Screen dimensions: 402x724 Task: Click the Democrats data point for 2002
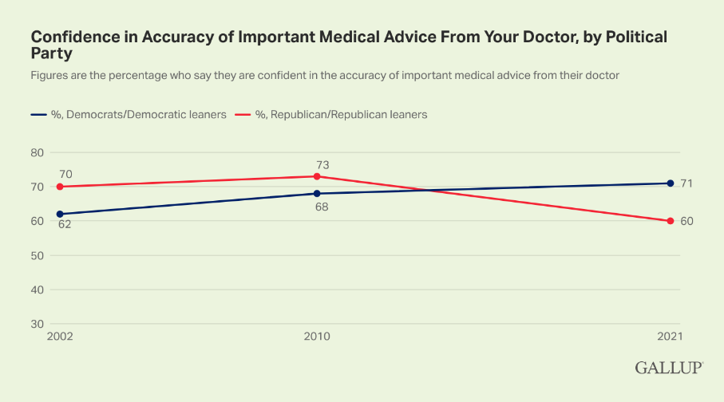(59, 214)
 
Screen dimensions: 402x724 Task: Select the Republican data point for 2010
(317, 176)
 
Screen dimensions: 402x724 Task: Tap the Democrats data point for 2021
(671, 183)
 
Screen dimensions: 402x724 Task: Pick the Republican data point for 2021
(671, 221)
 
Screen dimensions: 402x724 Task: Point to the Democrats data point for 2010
(317, 193)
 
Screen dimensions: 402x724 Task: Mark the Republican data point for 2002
(59, 187)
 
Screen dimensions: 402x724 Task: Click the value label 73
(322, 165)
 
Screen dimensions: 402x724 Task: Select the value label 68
(322, 207)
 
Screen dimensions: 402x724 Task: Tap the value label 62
(65, 225)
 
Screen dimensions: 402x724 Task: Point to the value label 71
(686, 183)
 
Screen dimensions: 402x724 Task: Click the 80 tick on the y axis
(37, 152)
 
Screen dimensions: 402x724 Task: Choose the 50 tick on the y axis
(37, 255)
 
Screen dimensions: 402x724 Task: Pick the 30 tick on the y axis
(37, 324)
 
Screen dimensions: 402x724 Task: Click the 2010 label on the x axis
(317, 337)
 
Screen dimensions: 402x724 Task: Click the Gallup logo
(669, 368)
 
